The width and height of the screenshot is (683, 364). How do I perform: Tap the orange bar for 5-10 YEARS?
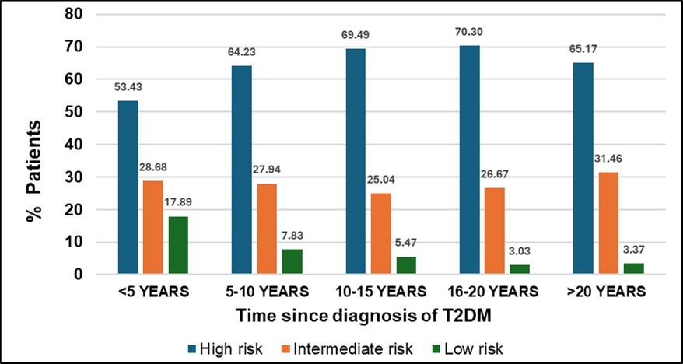268,229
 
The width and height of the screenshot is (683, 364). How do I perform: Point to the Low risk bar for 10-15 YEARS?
406,265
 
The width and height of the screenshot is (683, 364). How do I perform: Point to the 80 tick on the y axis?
73,14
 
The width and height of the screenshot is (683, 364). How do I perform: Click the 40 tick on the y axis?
73,145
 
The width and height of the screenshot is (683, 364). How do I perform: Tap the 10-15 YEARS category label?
380,292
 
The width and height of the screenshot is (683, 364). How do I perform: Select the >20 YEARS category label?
607,292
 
